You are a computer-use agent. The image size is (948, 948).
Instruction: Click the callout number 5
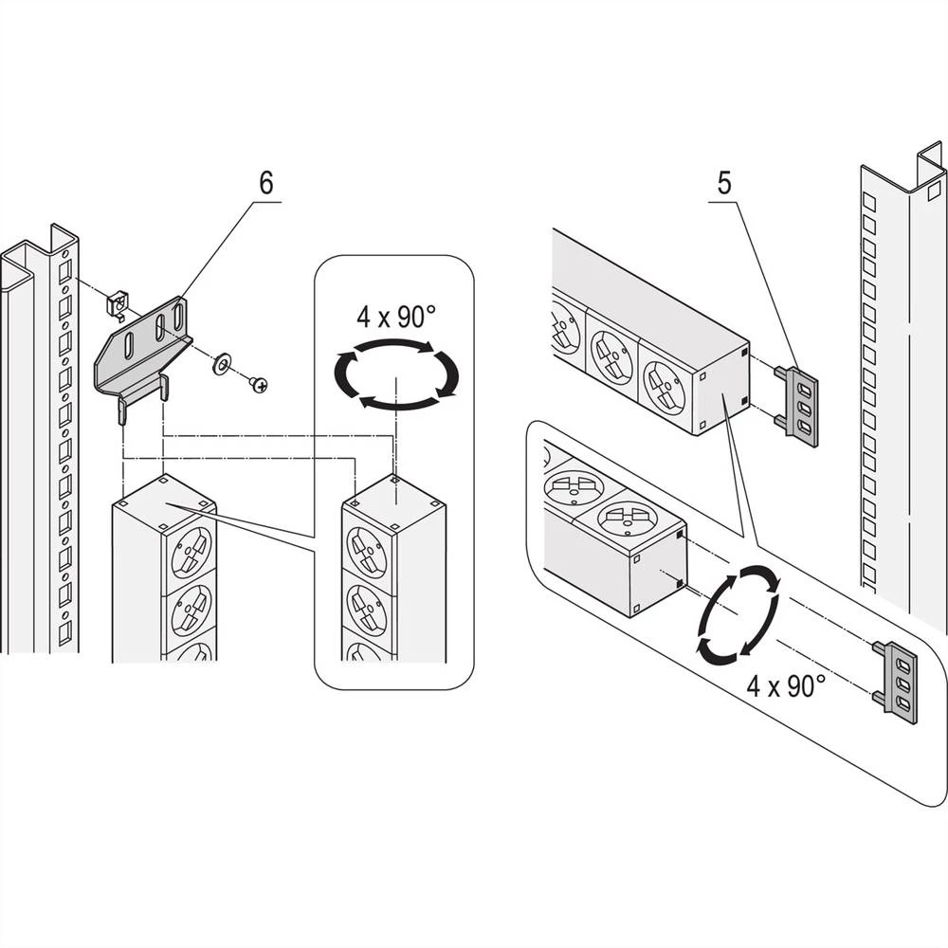[723, 184]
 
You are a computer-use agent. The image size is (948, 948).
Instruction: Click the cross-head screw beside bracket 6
[258, 384]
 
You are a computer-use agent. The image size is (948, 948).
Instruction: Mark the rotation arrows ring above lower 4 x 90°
[738, 613]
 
